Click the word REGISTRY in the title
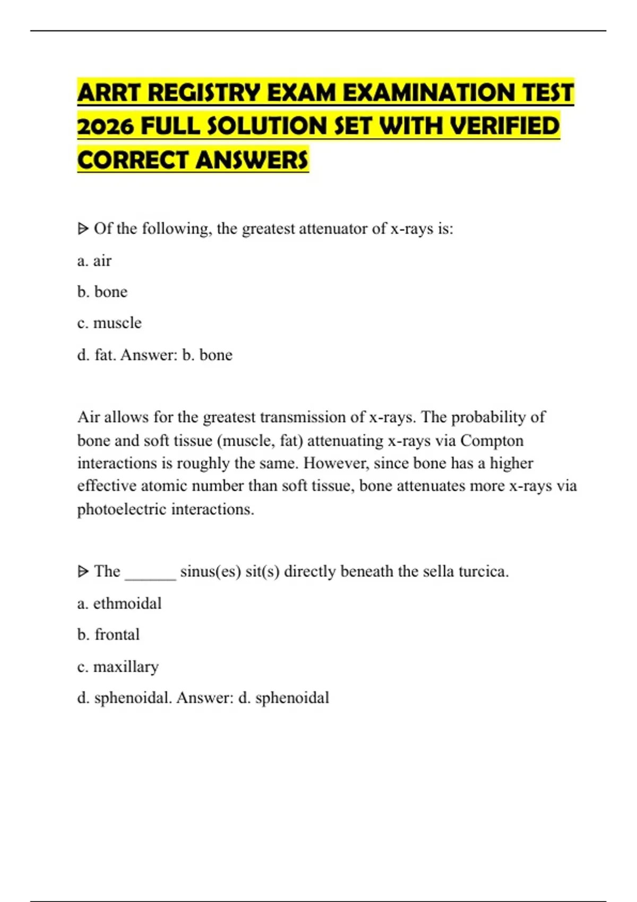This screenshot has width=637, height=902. (204, 93)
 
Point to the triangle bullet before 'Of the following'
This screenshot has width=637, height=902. (83, 229)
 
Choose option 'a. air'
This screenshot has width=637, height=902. (94, 261)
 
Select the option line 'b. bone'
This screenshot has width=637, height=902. (102, 292)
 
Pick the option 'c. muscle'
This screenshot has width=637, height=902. (109, 323)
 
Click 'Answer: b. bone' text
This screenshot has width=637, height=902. (176, 354)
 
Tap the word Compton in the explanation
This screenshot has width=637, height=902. (492, 440)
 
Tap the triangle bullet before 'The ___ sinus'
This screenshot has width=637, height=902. (83, 571)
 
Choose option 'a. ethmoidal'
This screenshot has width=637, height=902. (119, 603)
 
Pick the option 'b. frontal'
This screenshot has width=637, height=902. (108, 635)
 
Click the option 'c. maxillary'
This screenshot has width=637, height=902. (118, 666)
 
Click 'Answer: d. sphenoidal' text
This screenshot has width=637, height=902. (253, 698)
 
